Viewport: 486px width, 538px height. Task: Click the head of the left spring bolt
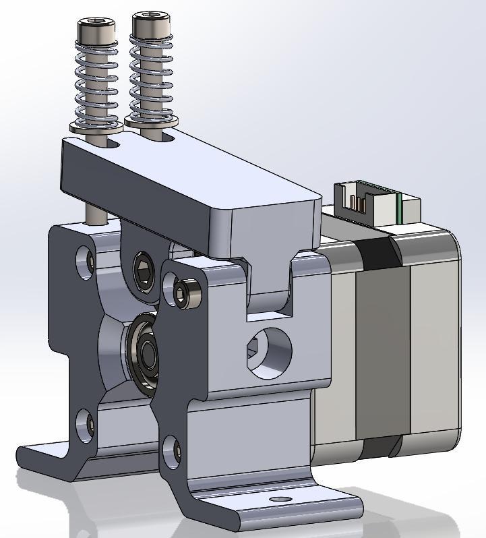[95, 30]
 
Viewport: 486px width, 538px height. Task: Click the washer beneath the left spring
[94, 126]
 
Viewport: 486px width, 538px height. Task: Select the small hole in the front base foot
[278, 500]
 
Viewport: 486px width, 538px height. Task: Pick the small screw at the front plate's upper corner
[183, 292]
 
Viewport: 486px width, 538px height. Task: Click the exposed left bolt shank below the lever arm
[94, 212]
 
